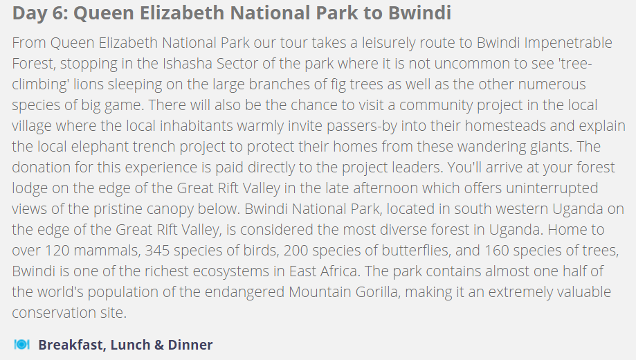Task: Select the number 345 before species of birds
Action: [x=157, y=251]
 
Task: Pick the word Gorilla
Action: [x=378, y=292]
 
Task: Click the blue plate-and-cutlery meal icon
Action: [x=22, y=345]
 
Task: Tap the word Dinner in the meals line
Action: [x=190, y=345]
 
